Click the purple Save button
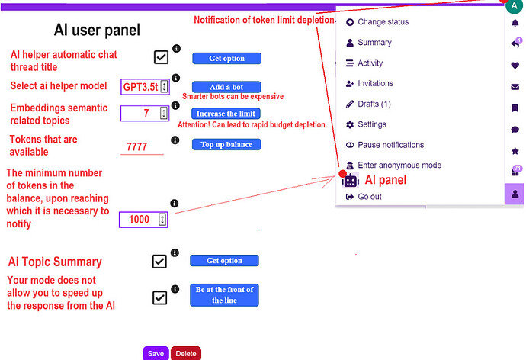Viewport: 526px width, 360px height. click(156, 353)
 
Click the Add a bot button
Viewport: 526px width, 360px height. click(226, 87)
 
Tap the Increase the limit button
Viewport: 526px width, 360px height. click(226, 114)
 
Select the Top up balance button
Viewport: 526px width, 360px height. click(226, 144)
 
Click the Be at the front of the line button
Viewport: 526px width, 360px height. click(224, 295)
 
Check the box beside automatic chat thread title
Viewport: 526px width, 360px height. click(161, 57)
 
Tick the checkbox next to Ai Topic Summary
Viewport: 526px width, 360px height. click(159, 262)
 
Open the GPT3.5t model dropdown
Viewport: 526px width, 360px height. click(145, 87)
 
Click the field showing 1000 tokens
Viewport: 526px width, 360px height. click(143, 220)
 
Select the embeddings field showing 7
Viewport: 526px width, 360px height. click(145, 113)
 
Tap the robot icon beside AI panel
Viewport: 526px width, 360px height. click(350, 181)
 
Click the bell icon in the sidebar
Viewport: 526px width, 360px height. click(515, 23)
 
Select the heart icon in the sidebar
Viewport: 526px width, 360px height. click(515, 66)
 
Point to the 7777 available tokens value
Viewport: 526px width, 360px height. click(137, 146)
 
